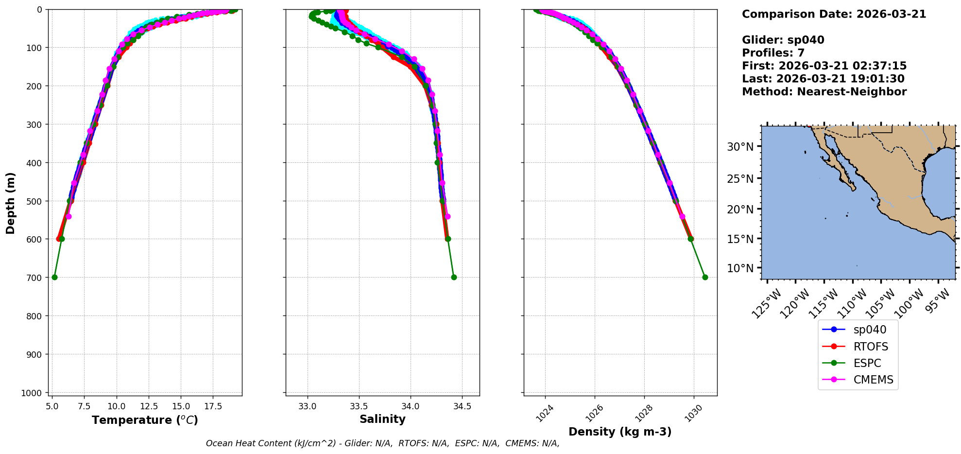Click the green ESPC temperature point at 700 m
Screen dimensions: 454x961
[x=54, y=277]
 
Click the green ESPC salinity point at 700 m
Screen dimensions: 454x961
[x=454, y=277]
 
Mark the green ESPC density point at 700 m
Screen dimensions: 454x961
[x=705, y=277]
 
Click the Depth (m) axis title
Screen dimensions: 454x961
[x=11, y=203]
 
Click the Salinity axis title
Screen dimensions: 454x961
[x=382, y=419]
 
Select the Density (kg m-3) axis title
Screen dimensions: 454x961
[x=620, y=432]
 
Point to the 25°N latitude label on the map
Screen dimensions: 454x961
[x=740, y=179]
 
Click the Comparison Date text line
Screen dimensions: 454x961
[x=834, y=14]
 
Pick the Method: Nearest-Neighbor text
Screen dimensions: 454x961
[x=824, y=92]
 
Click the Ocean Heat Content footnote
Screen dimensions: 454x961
[x=382, y=443]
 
